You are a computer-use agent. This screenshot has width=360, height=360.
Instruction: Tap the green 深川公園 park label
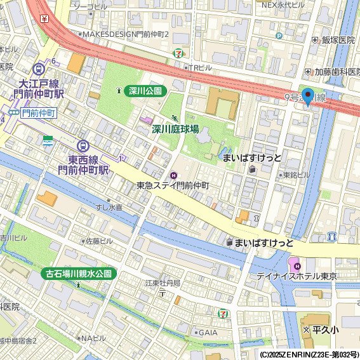tap(145, 91)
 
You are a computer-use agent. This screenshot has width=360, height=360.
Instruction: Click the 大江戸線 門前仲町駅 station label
tap(40, 88)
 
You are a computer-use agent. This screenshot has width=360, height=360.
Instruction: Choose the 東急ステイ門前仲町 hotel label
tap(173, 185)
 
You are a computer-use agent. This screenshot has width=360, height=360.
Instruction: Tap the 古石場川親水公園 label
tap(79, 274)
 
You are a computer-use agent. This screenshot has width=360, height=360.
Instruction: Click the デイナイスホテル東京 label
tap(297, 276)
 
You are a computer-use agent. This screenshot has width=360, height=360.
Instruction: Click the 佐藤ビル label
tap(98, 241)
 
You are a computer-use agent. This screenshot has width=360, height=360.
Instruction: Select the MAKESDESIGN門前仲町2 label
tap(125, 34)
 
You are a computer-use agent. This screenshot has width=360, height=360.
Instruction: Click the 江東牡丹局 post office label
tap(163, 283)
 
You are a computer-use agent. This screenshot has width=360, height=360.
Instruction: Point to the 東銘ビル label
tap(297, 175)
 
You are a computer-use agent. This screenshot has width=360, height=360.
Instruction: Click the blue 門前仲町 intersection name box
tap(38, 113)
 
